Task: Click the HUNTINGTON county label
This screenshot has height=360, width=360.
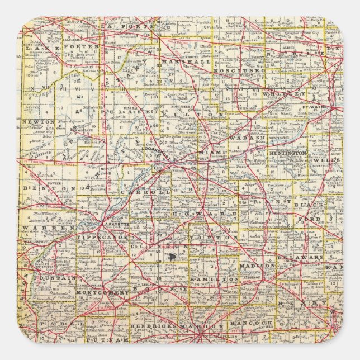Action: click(290, 152)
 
